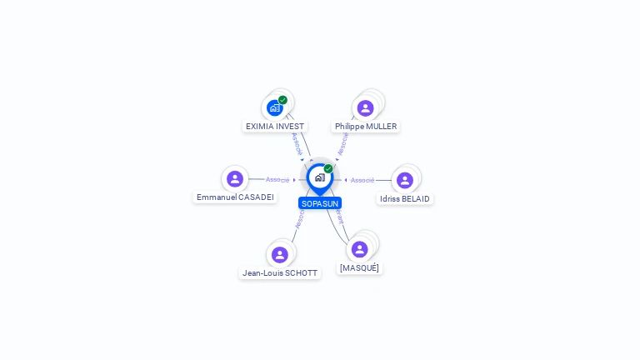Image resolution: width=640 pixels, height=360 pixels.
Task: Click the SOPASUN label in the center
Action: (x=320, y=203)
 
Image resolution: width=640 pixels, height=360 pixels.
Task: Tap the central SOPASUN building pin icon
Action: (x=319, y=177)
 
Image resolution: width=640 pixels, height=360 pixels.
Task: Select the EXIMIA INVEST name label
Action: (x=275, y=127)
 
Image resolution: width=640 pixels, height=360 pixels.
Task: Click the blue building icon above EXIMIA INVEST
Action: (x=275, y=107)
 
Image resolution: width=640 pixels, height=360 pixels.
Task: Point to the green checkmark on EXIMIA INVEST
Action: (x=283, y=100)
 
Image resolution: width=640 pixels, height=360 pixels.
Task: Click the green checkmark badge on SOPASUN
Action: (x=328, y=169)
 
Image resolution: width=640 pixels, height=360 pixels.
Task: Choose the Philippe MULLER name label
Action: (x=366, y=127)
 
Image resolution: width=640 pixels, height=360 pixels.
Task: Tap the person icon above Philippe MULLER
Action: (x=365, y=107)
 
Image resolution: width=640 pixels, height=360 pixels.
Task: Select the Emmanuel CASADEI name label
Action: (x=235, y=197)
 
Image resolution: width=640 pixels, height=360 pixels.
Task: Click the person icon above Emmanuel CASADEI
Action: (x=235, y=178)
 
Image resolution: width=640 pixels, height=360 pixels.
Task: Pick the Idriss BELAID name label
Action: (x=405, y=199)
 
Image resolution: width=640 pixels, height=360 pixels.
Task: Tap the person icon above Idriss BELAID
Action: (x=405, y=180)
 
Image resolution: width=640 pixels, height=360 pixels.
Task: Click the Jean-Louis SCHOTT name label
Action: (x=280, y=273)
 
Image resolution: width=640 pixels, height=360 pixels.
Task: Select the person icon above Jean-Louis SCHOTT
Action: (x=279, y=254)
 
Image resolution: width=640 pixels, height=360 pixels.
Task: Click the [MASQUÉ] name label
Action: (x=359, y=268)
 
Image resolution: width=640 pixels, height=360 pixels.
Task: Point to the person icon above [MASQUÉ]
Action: (x=359, y=249)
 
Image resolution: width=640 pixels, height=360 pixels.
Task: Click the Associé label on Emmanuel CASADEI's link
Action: (x=277, y=180)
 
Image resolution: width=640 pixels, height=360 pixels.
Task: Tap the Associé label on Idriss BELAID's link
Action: (x=362, y=180)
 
